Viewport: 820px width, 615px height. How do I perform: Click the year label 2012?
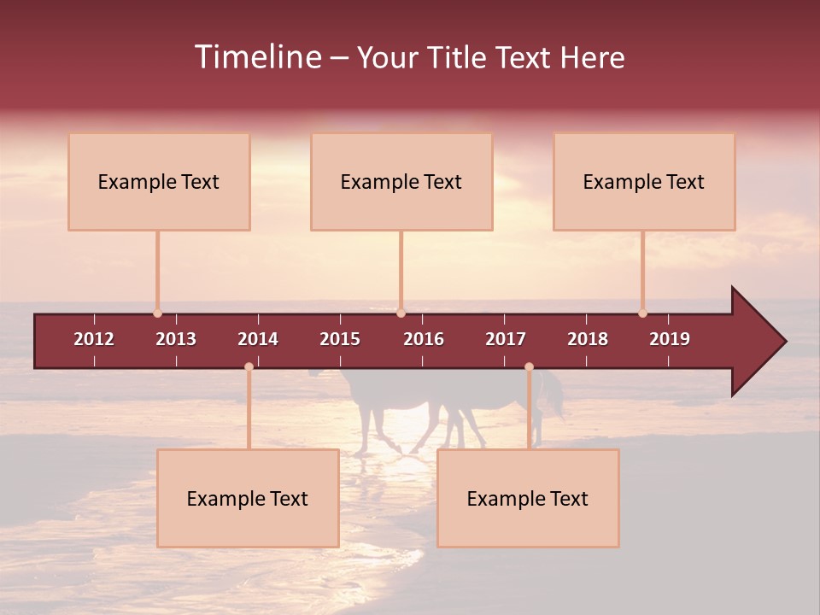coord(94,339)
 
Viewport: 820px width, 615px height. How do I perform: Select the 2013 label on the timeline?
coord(176,339)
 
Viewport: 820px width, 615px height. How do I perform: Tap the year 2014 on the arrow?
coord(258,339)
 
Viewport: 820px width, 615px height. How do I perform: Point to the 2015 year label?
coord(340,339)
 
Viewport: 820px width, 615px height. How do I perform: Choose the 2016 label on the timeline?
coord(424,339)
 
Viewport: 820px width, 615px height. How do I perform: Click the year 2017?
coord(506,339)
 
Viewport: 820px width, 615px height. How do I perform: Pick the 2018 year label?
coord(588,339)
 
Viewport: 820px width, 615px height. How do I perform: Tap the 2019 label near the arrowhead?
coord(670,339)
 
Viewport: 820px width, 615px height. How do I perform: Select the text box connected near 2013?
coord(159,182)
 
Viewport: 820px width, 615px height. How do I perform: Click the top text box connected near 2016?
coord(401,182)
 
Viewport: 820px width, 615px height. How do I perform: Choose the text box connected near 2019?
coord(644,182)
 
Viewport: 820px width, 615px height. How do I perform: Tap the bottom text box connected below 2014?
coord(248,499)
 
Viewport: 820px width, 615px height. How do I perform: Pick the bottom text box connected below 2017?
coord(528,499)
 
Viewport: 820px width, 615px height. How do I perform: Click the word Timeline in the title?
coord(258,57)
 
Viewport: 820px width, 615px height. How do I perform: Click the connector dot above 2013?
coord(157,313)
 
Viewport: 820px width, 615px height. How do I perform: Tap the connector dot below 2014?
coord(249,367)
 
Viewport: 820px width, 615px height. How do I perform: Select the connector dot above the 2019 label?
coord(642,313)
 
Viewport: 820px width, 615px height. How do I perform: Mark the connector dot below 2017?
coord(529,367)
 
